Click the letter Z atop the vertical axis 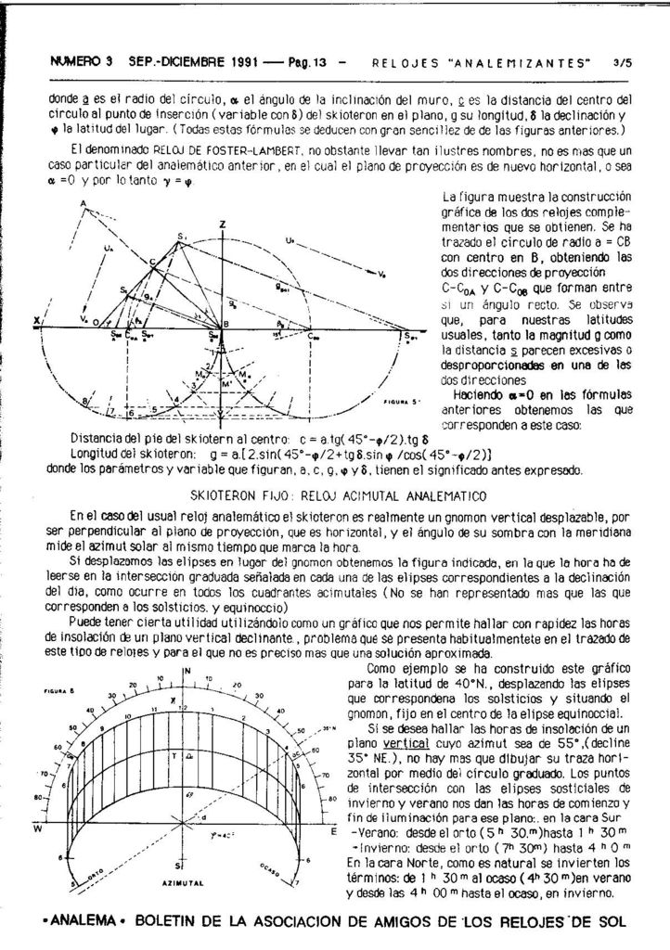224,225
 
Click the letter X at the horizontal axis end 36,322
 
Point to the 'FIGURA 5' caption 402,401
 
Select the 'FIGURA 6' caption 58,691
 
